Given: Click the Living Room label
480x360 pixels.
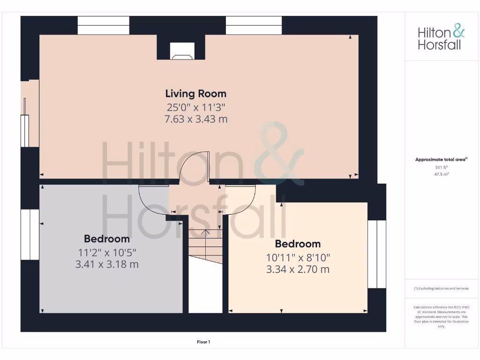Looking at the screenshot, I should [x=195, y=94].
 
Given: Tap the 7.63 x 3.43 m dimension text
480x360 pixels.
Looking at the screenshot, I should [x=195, y=119].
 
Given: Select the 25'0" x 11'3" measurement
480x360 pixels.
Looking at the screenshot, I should [x=195, y=107].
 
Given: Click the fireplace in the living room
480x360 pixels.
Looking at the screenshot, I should [x=182, y=51].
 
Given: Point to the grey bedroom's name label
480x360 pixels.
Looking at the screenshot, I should [x=107, y=239].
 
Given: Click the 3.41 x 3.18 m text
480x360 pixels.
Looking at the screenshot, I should [x=107, y=264].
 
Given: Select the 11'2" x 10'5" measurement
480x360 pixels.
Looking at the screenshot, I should [x=107, y=252].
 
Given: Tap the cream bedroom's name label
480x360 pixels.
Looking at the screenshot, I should [x=298, y=244].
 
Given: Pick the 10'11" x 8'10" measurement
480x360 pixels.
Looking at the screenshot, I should [x=298, y=257].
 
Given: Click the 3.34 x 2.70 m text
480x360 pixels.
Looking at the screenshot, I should [x=298, y=270].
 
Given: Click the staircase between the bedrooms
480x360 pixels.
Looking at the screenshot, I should [x=205, y=246].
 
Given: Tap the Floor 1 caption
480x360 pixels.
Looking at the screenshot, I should [x=203, y=342].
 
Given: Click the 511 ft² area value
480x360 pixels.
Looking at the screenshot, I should [x=441, y=167].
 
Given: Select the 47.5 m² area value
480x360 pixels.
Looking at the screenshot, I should [x=441, y=174].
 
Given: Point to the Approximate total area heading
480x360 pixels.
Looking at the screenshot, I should [x=441, y=159].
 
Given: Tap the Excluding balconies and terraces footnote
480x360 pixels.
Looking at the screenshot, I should [x=441, y=289].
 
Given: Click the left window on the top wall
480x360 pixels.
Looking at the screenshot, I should [x=103, y=25].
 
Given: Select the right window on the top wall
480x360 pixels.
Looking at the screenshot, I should [x=254, y=25].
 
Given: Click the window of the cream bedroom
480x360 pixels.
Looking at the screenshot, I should [x=376, y=254].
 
